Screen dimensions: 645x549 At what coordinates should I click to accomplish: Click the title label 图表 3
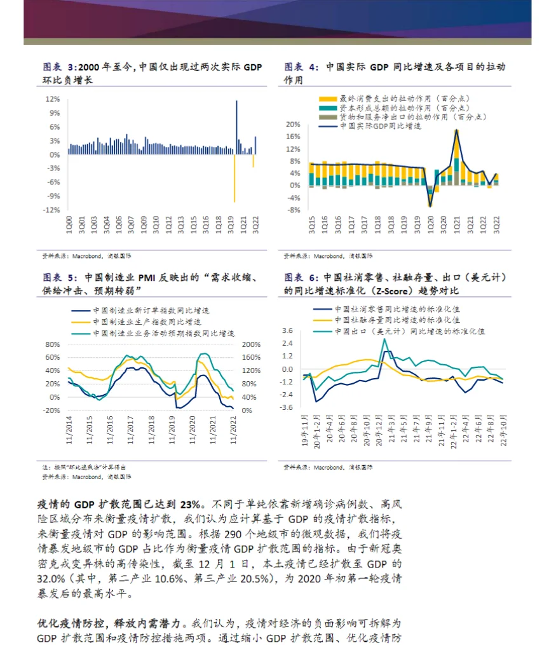(58, 67)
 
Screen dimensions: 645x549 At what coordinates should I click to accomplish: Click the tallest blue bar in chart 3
(237, 127)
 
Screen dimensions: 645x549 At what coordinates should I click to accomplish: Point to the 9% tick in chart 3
(53, 113)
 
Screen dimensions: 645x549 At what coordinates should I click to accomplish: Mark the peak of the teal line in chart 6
(384, 339)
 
